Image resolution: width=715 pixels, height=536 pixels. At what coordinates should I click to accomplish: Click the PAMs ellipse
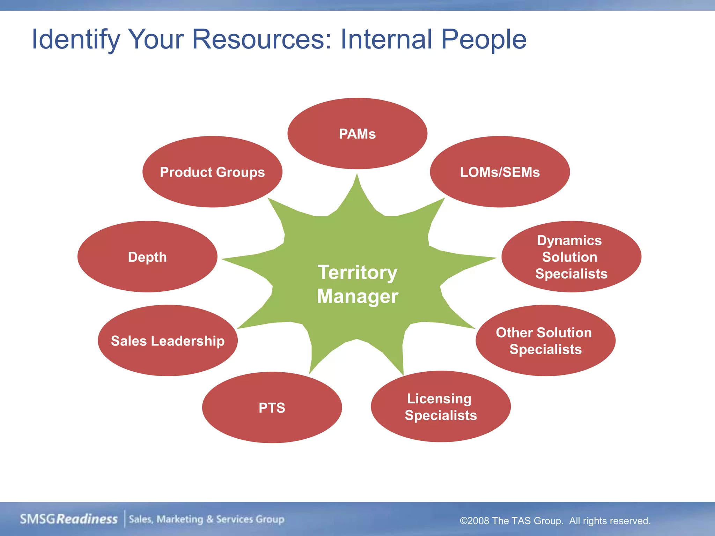click(x=357, y=134)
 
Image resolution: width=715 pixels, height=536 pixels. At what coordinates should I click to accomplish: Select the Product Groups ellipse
click(x=212, y=172)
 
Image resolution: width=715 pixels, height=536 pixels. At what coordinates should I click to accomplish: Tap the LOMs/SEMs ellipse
click(x=500, y=172)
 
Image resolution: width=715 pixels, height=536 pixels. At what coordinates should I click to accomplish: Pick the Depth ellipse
click(x=147, y=257)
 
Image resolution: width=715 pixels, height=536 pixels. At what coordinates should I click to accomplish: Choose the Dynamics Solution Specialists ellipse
click(x=571, y=257)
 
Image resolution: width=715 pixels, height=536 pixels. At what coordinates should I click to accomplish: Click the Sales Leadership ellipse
click(x=168, y=341)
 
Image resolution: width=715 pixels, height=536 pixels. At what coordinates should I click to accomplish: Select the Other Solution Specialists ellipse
click(x=545, y=341)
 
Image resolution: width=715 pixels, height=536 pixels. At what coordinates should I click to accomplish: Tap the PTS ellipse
click(x=272, y=408)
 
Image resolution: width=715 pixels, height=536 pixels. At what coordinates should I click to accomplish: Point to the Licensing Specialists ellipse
click(x=441, y=407)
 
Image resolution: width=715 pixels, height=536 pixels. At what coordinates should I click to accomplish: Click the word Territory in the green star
click(x=357, y=273)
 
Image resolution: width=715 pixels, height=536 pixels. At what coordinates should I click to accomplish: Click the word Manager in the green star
click(x=357, y=296)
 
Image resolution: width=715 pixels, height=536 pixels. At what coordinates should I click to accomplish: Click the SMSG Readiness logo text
click(x=69, y=519)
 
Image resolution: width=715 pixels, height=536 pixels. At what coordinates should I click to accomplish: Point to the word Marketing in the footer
click(x=180, y=519)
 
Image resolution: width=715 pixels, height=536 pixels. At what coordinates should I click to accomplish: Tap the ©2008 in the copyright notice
click(x=474, y=521)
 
